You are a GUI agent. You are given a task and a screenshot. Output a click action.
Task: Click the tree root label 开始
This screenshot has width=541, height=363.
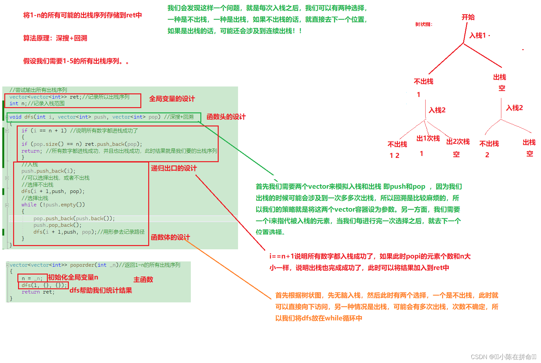468,17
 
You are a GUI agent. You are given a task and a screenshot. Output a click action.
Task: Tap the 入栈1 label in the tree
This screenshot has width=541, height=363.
478,35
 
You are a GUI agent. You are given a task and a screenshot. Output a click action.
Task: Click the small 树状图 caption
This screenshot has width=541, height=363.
424,24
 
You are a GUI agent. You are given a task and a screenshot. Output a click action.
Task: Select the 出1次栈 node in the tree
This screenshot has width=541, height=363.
428,138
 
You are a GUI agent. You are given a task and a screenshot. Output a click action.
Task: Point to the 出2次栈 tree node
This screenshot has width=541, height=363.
458,142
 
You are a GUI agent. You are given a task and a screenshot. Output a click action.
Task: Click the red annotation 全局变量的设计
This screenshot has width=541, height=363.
172,99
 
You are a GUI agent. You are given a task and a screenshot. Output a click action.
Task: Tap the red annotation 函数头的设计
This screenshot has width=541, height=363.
226,117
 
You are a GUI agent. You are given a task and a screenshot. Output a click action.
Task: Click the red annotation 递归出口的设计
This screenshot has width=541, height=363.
174,168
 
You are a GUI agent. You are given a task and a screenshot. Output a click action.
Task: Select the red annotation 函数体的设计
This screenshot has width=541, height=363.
170,237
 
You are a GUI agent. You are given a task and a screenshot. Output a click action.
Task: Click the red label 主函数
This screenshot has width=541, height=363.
143,279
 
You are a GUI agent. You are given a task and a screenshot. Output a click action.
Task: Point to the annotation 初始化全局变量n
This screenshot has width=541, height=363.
73,277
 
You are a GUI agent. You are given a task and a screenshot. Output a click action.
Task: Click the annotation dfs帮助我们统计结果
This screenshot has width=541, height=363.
101,290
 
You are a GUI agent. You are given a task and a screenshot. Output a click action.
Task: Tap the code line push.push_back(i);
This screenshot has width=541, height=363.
48,171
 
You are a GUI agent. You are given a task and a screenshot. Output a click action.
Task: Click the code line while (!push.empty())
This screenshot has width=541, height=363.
53,205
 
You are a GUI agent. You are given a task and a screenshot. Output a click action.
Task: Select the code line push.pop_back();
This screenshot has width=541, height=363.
57,225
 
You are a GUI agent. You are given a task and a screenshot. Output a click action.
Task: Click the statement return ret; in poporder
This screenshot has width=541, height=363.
38,292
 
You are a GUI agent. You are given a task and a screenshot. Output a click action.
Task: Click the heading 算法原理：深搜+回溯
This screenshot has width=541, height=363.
55,38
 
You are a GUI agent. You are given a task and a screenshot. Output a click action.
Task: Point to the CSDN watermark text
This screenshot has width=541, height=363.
503,357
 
